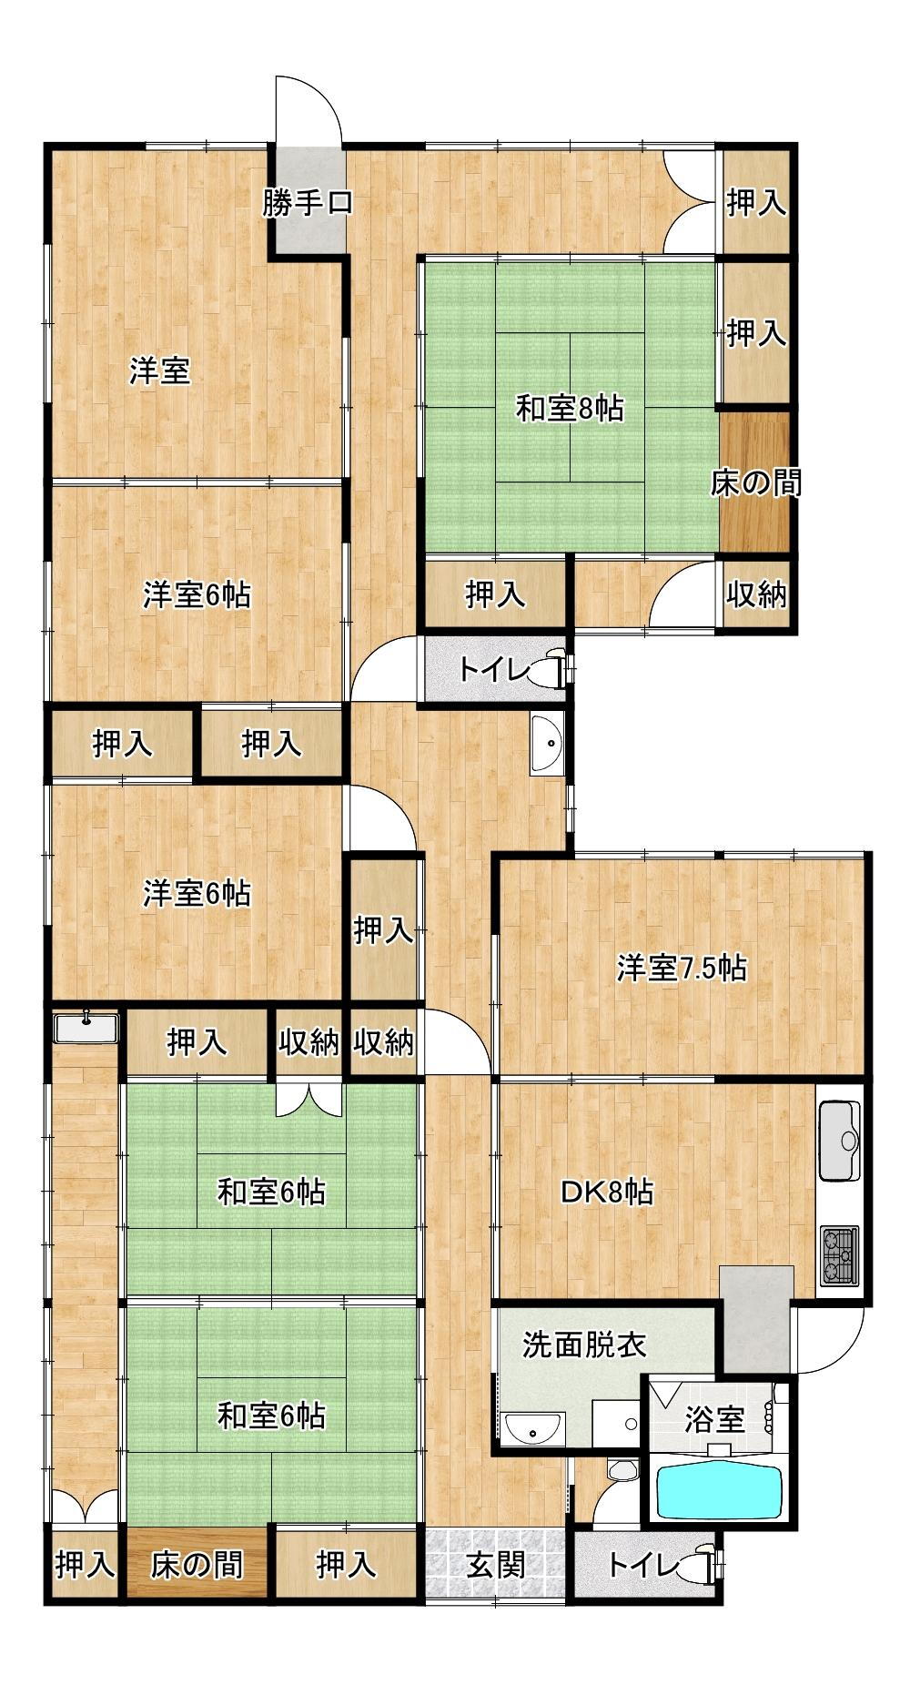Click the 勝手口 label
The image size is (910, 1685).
tap(308, 203)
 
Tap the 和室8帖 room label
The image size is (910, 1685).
tap(570, 409)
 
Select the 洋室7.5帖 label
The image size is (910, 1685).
tap(682, 968)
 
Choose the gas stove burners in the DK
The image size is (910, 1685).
tap(839, 1255)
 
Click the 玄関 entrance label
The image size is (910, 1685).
tap(496, 1565)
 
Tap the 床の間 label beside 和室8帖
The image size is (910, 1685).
tap(755, 482)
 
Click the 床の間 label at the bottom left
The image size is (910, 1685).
tap(197, 1565)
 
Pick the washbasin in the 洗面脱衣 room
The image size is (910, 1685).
tap(533, 1429)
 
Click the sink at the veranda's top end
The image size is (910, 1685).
tap(86, 1028)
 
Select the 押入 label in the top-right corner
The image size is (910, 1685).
tap(755, 203)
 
